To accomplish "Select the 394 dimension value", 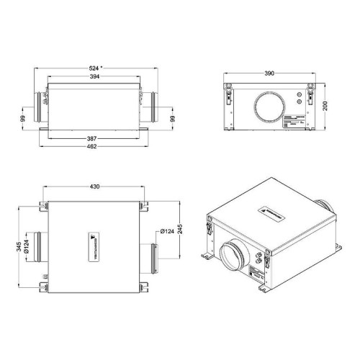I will point(95,77).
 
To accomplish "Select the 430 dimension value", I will point(95,186).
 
